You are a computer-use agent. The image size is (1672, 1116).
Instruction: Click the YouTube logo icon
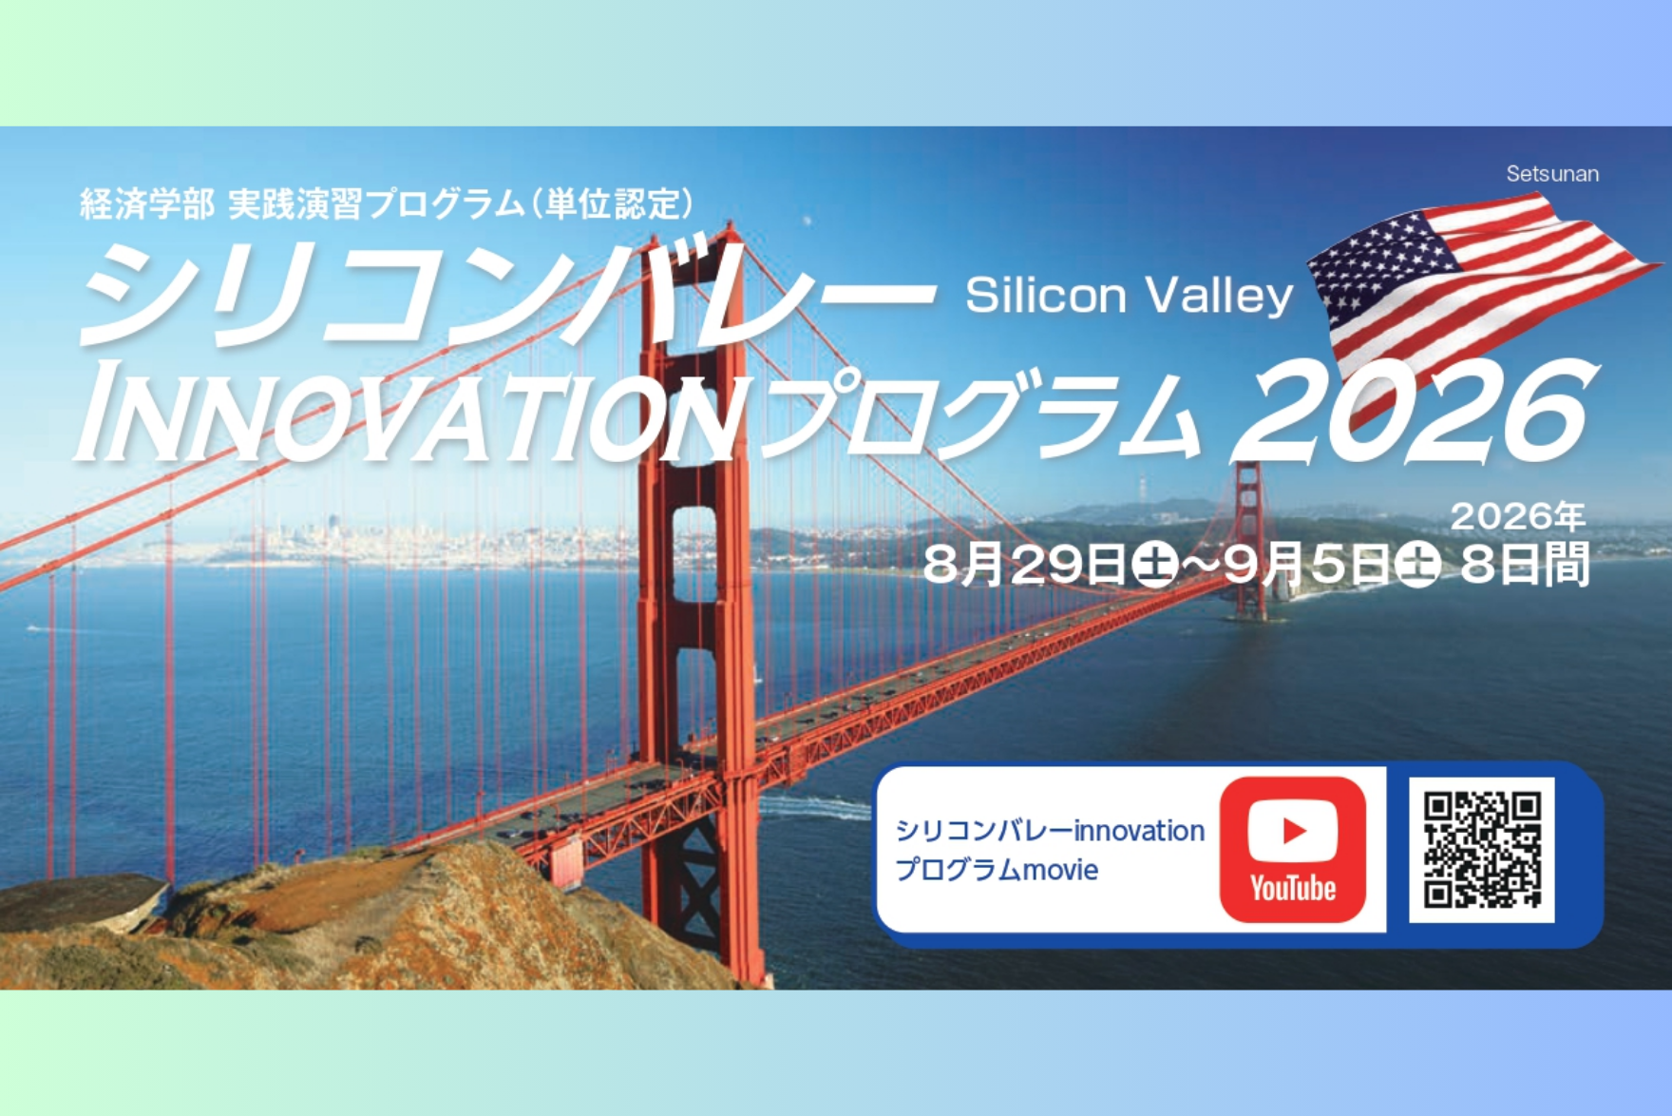coord(1293,849)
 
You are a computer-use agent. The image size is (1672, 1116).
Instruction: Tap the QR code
coord(1482,849)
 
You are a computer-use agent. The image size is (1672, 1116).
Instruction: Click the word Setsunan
coord(1552,174)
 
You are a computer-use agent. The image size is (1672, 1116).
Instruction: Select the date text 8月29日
coord(1024,565)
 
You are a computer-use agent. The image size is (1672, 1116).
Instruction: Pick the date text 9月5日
coord(1307,565)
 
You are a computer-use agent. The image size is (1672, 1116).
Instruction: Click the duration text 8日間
coord(1525,565)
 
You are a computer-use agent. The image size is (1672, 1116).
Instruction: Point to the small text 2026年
coord(1518,516)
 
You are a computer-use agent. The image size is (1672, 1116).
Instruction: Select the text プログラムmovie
coord(997,870)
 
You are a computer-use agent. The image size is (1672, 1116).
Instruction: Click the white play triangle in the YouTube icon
coord(1294,831)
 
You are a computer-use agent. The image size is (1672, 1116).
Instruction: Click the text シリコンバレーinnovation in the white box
coord(1050,831)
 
